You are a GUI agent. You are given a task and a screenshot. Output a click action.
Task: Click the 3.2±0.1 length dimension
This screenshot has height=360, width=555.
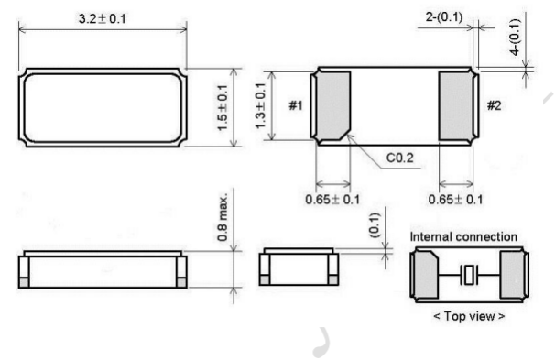tap(102, 18)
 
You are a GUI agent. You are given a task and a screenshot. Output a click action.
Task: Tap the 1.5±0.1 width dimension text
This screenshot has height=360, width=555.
tap(223, 108)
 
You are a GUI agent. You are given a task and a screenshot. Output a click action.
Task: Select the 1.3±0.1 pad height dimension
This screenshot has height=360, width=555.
tap(260, 106)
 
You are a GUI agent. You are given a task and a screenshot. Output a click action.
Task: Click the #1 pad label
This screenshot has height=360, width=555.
tap(296, 105)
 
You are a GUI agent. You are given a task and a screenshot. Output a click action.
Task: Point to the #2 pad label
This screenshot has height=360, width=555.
tap(494, 105)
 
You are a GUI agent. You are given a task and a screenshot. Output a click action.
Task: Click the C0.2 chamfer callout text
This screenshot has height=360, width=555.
tap(399, 158)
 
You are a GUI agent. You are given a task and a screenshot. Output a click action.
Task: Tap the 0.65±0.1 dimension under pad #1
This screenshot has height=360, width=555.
tap(332, 200)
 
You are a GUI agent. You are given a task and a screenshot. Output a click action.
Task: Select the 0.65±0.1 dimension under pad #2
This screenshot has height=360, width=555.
tap(455, 200)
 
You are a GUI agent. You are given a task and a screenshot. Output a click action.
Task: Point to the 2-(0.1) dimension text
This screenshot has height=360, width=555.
tap(444, 16)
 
